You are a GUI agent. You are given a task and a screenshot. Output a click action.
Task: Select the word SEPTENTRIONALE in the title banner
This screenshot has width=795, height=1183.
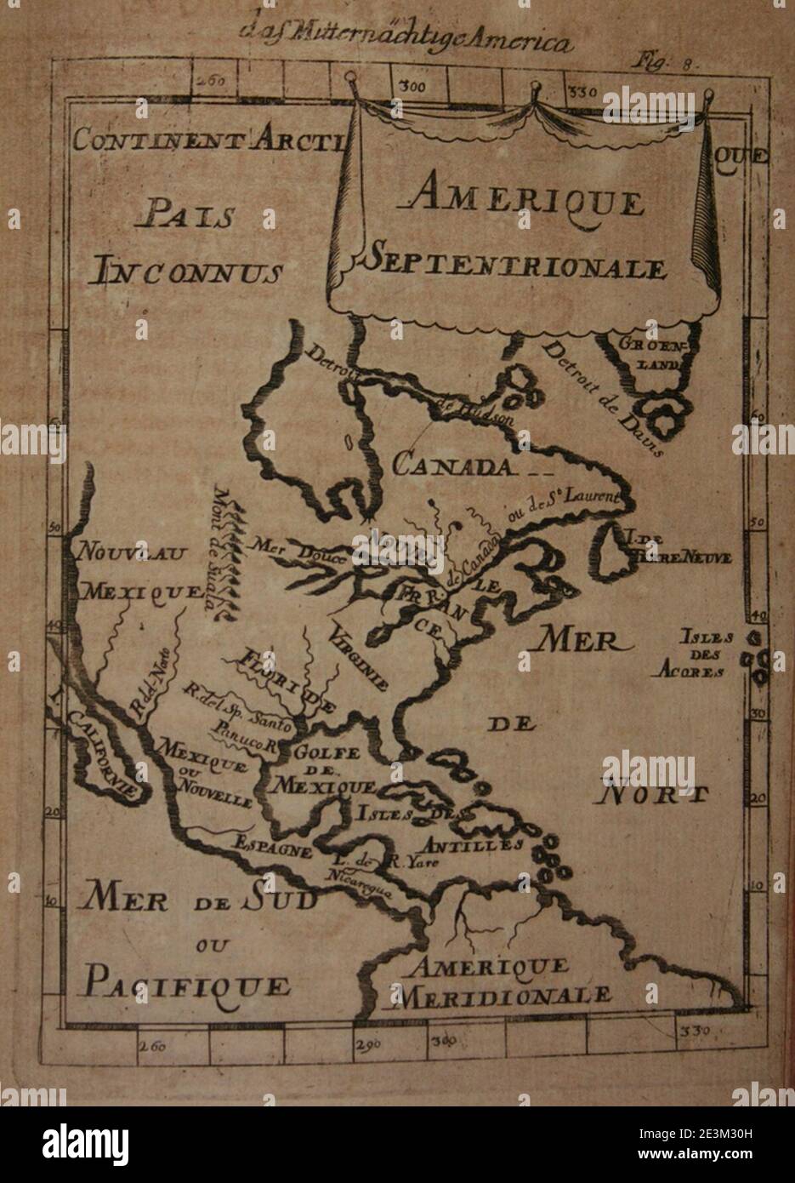pos(515,266)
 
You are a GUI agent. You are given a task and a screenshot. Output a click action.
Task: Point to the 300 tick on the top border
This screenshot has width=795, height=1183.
pos(414,86)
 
